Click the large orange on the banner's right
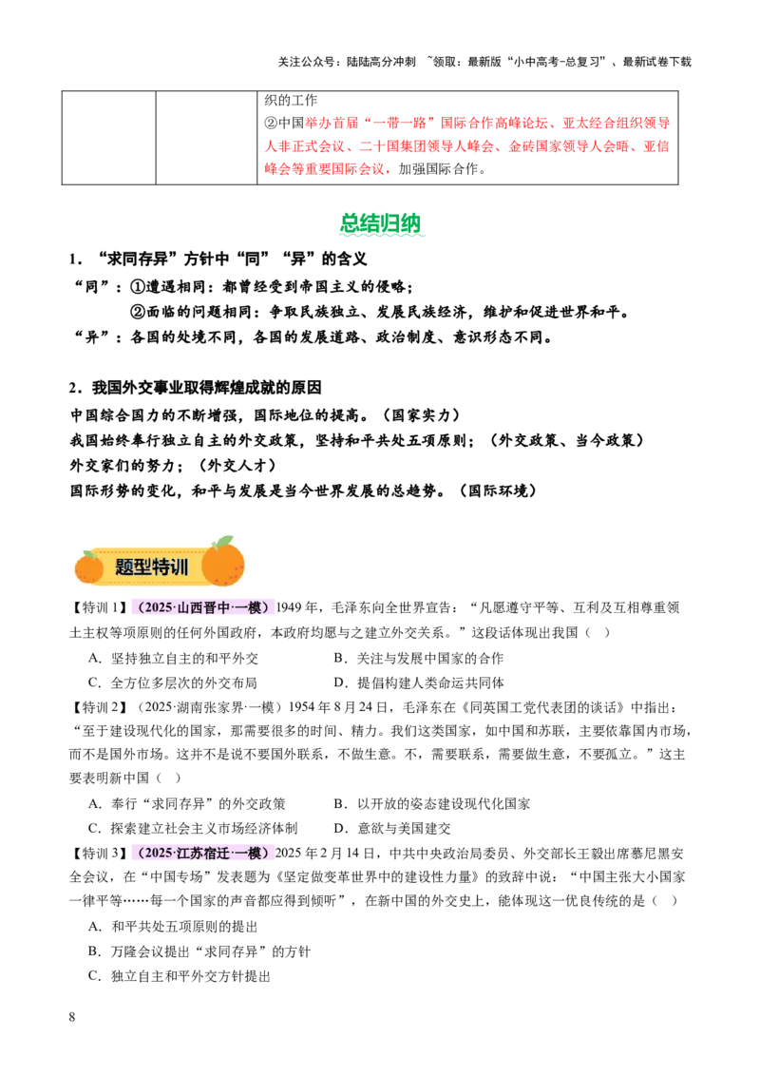click(223, 565)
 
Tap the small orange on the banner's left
click(89, 568)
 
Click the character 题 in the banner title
click(124, 567)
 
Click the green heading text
click(380, 224)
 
